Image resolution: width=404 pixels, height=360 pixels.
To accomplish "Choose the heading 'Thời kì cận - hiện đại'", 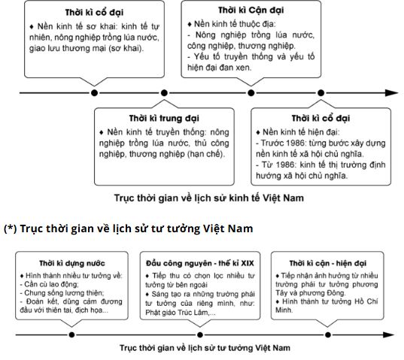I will [327, 263].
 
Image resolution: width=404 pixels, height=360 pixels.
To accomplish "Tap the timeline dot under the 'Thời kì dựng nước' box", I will [71, 334].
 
